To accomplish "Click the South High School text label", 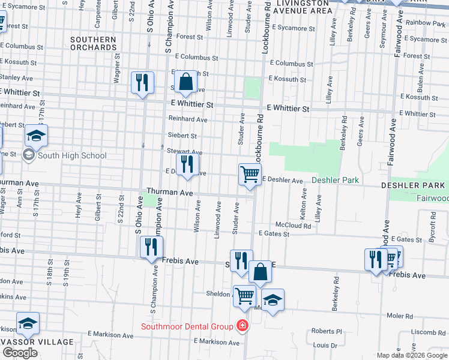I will click(71, 156).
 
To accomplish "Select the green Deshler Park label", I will click(334, 180).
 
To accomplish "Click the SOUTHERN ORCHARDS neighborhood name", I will click(93, 43).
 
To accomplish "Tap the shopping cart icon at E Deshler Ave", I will click(250, 175).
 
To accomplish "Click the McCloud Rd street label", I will click(293, 226).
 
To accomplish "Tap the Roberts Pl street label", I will click(326, 331).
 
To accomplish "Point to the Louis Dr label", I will click(325, 346).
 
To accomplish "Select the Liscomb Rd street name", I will click(429, 332).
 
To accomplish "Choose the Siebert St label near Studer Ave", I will click(182, 136).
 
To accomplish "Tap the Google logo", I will click(20, 353).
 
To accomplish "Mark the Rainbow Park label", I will click(426, 23).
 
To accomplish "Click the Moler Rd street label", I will click(400, 316).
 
